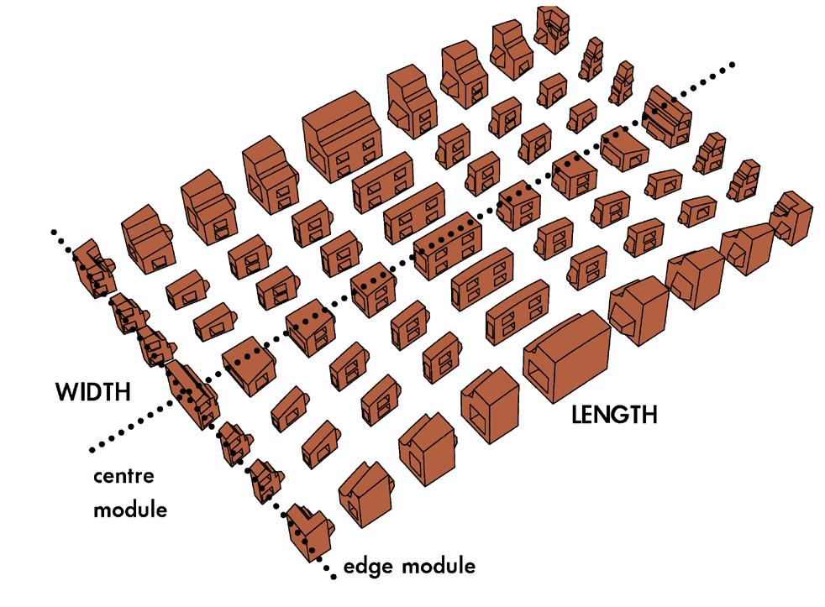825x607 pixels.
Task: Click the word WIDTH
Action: (x=93, y=392)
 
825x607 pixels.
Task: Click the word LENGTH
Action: (x=614, y=415)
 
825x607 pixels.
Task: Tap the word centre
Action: (x=123, y=477)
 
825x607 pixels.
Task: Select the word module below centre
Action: (x=130, y=510)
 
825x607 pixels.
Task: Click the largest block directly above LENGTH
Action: (x=567, y=355)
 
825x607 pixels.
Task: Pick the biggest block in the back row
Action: (x=341, y=137)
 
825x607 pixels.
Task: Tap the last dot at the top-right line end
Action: (x=732, y=65)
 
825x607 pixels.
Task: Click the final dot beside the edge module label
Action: (x=334, y=577)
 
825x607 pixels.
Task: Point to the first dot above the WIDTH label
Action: (x=53, y=232)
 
